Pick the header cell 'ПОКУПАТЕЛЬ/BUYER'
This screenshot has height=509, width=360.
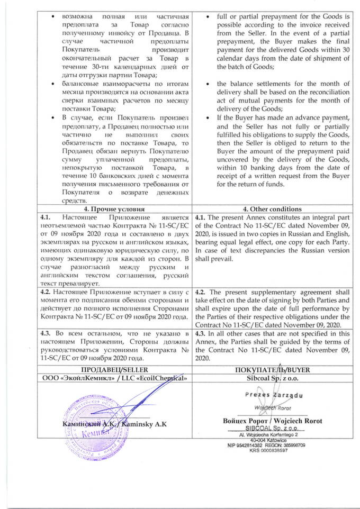[x=269, y=368]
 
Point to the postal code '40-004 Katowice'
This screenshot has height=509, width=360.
[x=269, y=440]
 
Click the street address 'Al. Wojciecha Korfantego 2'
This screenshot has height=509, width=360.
[x=269, y=434]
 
